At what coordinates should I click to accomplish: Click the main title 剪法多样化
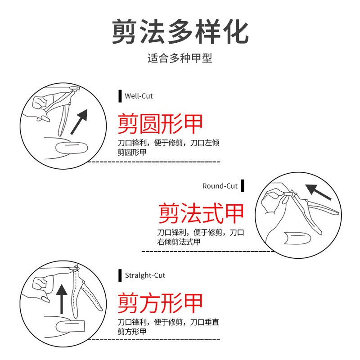point(180,31)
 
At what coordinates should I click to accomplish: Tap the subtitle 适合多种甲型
point(180,58)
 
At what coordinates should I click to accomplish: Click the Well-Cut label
point(139,96)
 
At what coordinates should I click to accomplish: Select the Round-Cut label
point(220,186)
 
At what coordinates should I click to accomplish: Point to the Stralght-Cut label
point(145,275)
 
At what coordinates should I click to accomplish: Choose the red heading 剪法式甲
point(201,213)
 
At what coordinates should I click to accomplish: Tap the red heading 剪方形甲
point(160,303)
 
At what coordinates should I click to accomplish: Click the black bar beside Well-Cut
point(120,96)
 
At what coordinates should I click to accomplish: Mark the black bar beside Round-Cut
point(243,186)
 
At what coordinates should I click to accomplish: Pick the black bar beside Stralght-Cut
point(120,275)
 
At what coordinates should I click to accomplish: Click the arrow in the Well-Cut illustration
point(79,121)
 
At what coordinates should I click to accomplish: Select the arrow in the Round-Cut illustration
point(318,192)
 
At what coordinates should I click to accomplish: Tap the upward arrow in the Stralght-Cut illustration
point(62,299)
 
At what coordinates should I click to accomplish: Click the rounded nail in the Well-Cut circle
point(72,148)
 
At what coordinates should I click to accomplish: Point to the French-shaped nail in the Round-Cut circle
point(297,238)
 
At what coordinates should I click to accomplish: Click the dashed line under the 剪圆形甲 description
point(154,162)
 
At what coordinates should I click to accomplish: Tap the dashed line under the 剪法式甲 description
point(208,252)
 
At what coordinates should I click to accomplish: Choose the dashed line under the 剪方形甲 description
point(154,340)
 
